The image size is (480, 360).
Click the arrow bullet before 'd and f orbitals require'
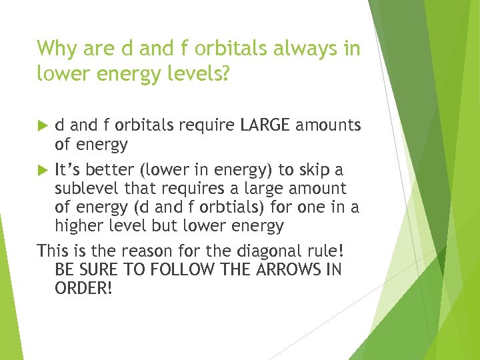click(43, 125)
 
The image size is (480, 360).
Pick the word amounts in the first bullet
click(329, 125)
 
